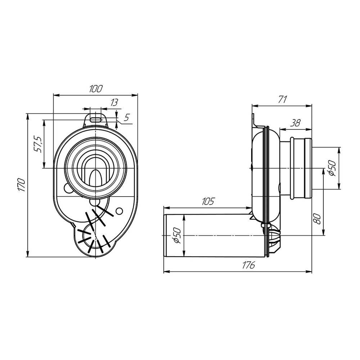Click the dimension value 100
point(95,89)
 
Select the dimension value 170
point(21,184)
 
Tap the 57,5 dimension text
point(37,144)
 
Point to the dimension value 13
point(114,102)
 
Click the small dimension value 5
point(126,118)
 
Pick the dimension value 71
point(282,99)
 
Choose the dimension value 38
point(295,123)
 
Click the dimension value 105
point(208,201)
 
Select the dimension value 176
point(248,265)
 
